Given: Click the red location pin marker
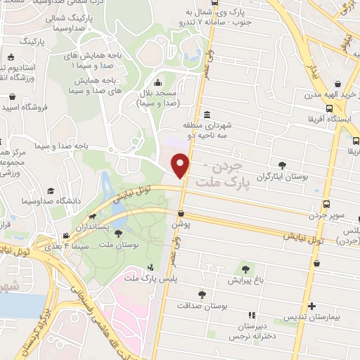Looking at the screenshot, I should (181, 166).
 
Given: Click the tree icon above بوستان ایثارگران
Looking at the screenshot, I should (282, 165).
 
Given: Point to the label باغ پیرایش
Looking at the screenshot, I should (246, 279).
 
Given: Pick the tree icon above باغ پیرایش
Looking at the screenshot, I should (246, 267).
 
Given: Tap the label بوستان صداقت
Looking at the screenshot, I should (202, 306).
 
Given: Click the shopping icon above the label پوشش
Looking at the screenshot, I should (181, 212).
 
